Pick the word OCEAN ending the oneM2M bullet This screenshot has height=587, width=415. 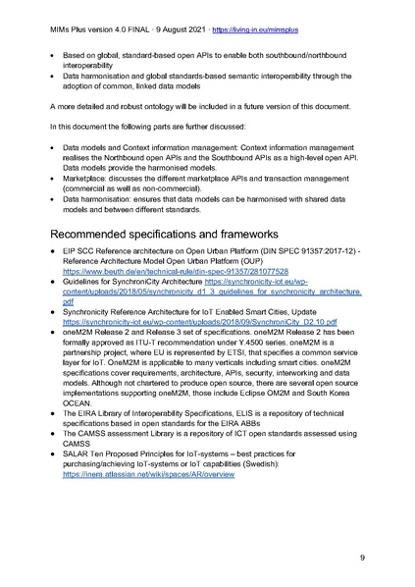(78, 416)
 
